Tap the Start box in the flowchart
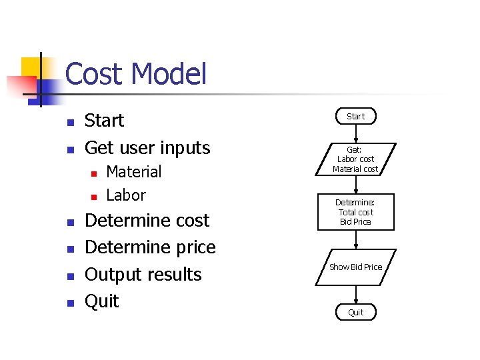coord(355,116)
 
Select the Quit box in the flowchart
coord(355,312)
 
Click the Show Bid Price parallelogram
coord(355,267)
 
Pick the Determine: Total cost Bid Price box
coord(355,212)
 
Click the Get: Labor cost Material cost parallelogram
coord(355,159)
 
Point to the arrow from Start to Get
coord(355,133)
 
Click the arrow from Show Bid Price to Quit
coord(355,294)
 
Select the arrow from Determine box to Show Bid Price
coord(355,239)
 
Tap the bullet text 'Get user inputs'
coord(147,147)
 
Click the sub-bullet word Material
coord(133,171)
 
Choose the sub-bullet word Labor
coord(125,195)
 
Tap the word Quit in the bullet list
coord(102,301)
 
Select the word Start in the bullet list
coord(104,121)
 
